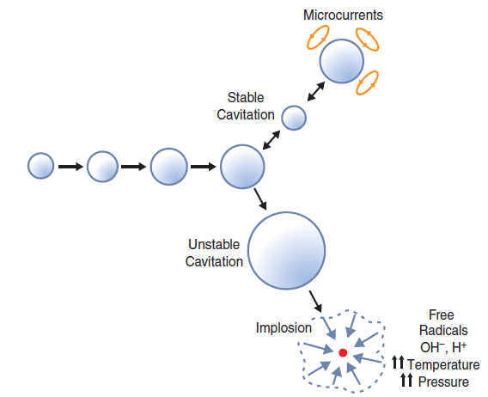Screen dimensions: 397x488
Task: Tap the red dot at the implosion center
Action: coord(342,352)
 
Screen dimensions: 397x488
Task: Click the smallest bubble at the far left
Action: coord(40,165)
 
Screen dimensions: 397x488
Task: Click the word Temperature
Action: coord(443,365)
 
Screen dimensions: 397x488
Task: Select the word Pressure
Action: coord(443,381)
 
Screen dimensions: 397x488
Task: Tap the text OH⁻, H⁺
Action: coord(442,348)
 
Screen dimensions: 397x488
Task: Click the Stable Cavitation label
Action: coord(251,106)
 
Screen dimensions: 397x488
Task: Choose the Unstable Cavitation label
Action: coord(215,253)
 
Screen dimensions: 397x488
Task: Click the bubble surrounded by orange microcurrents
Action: coord(342,63)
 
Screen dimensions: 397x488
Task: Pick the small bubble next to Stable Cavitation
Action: coord(294,117)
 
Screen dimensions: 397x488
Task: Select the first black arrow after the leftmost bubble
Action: coord(70,166)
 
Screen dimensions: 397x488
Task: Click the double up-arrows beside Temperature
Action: coord(397,365)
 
